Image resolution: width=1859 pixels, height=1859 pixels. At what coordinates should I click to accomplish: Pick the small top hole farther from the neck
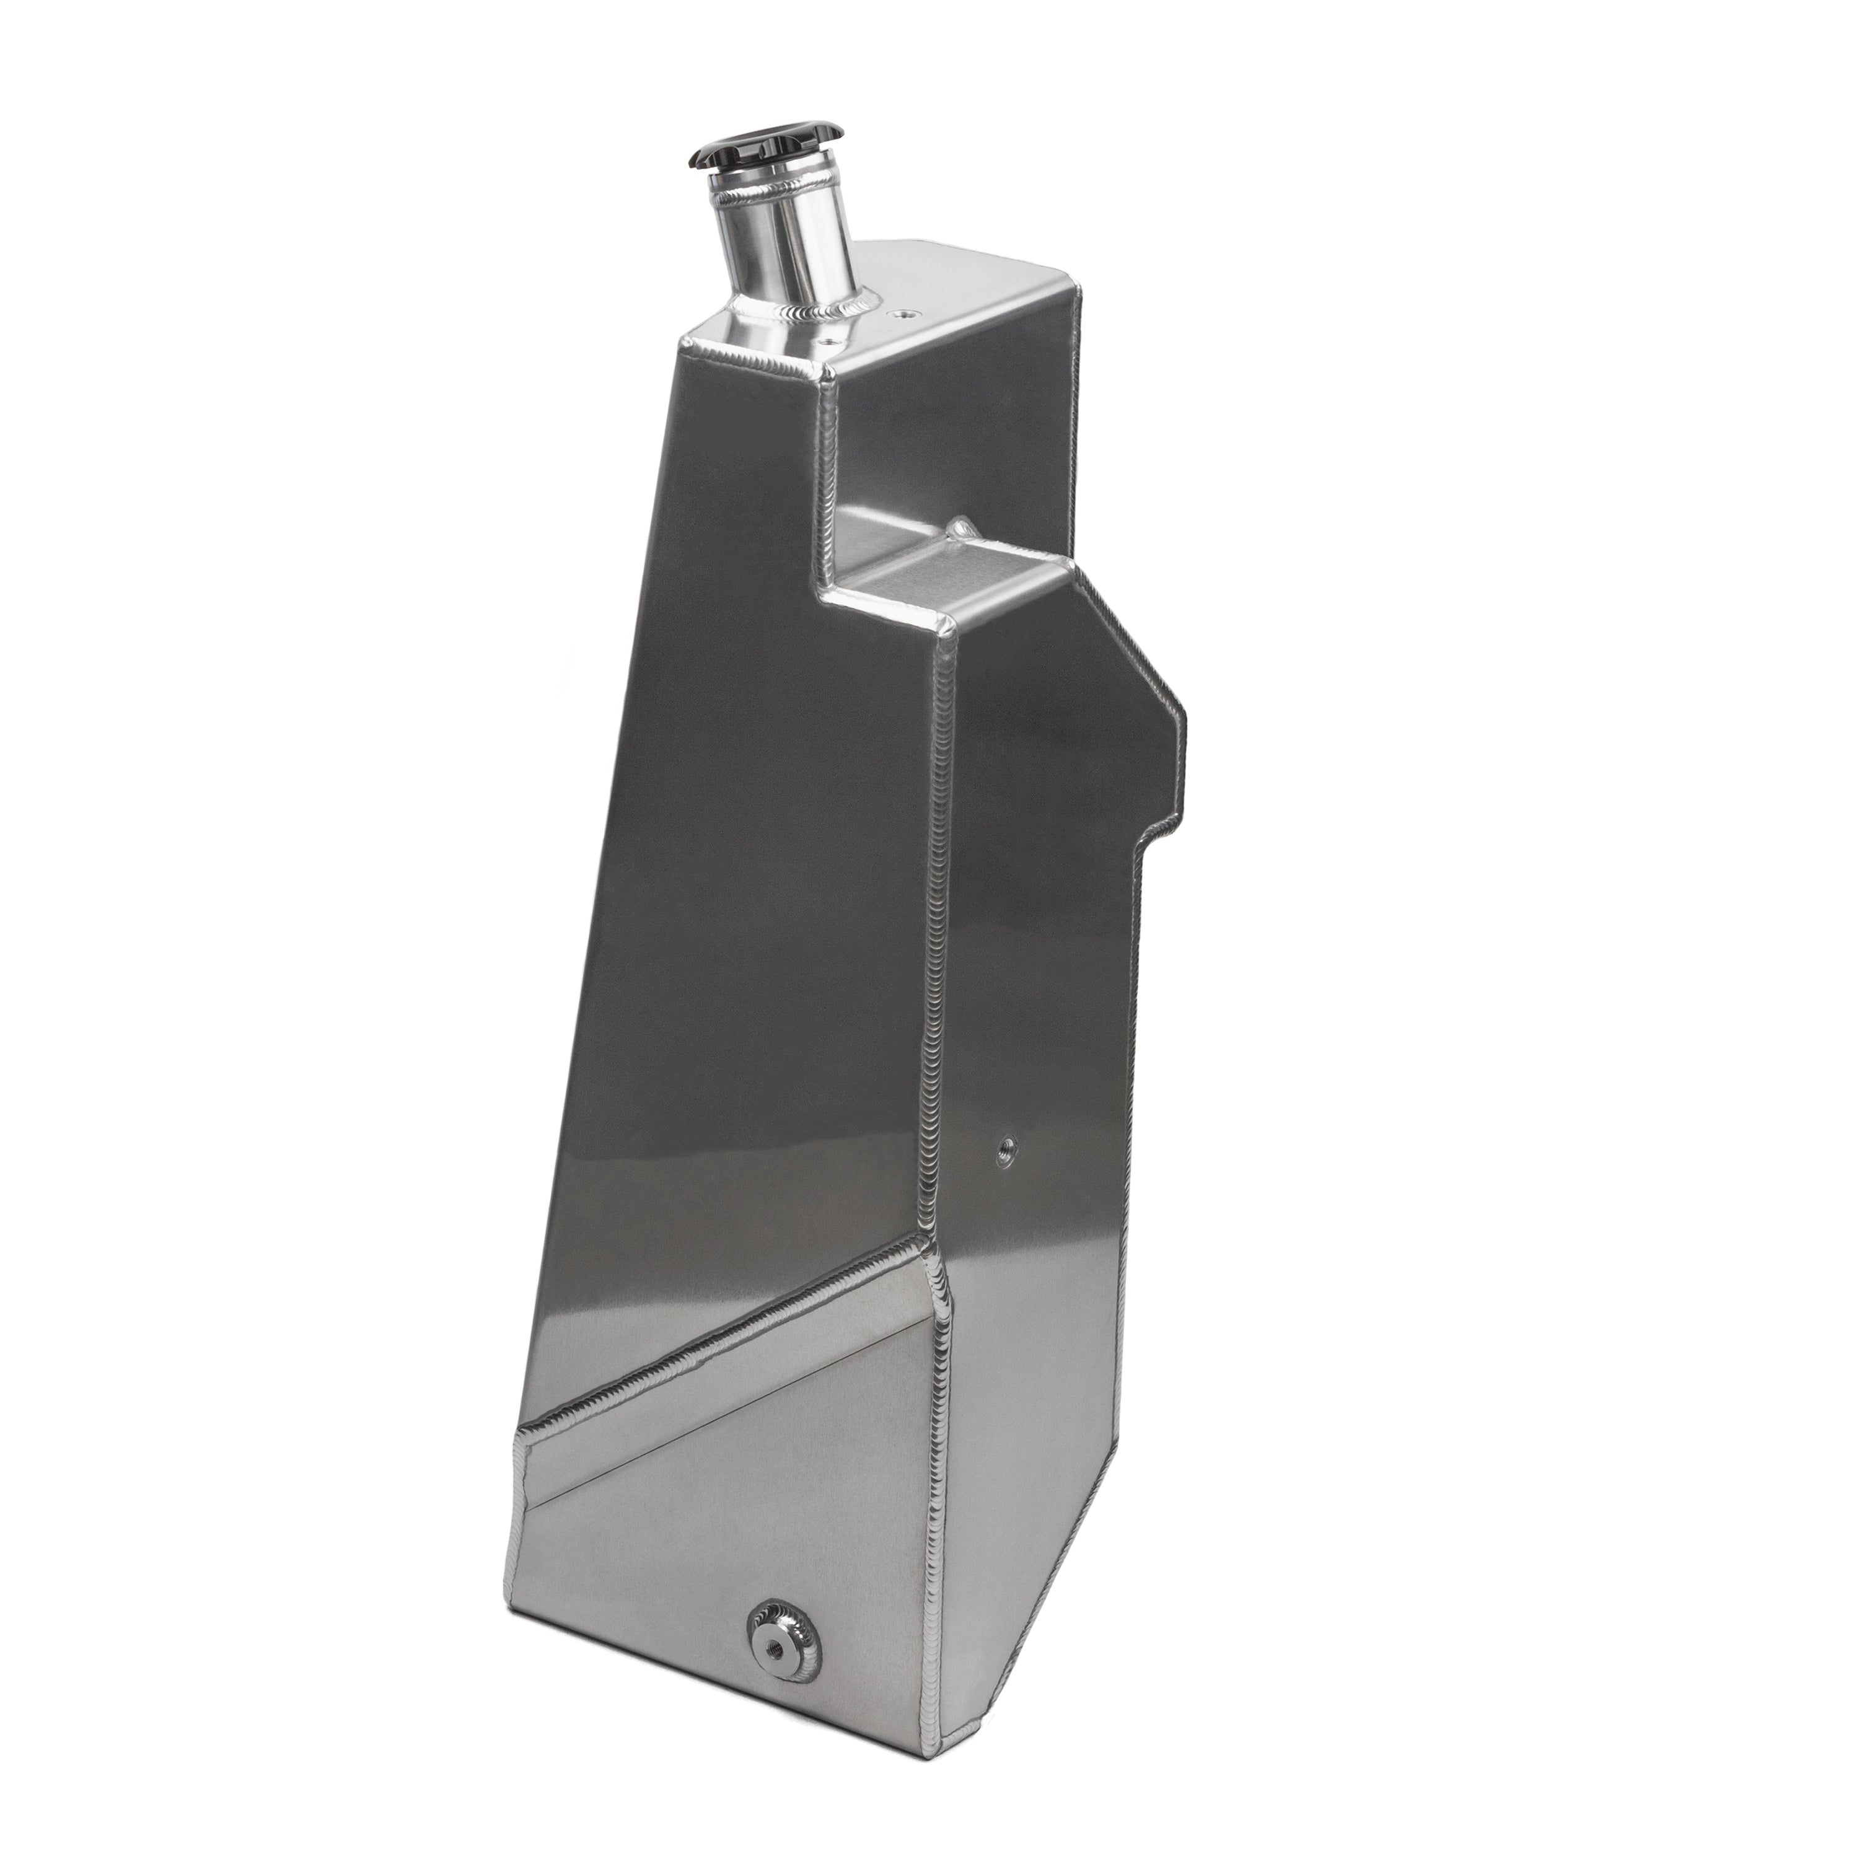click(x=905, y=313)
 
